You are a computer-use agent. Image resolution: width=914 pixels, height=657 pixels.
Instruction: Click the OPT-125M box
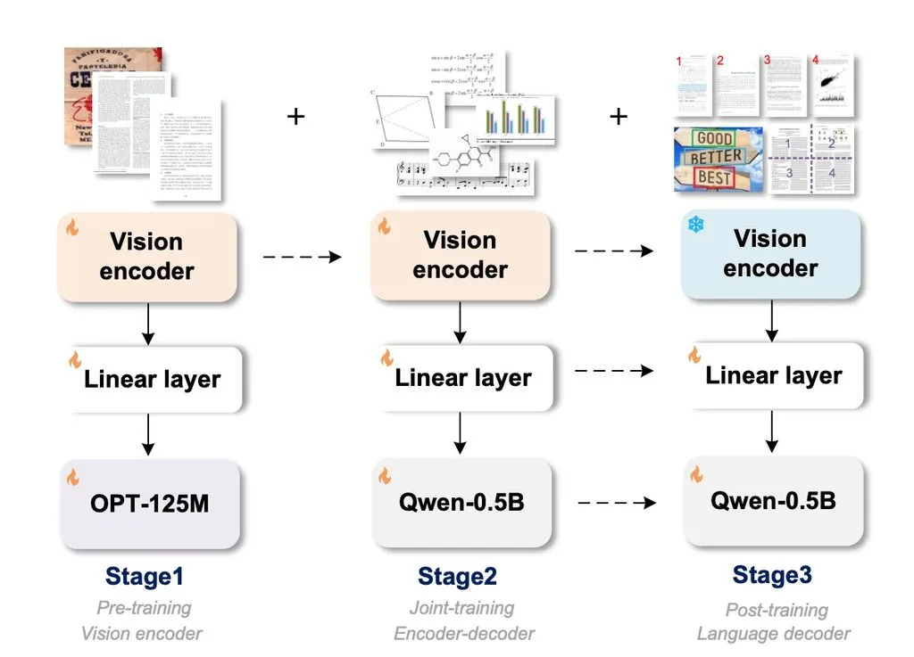click(150, 504)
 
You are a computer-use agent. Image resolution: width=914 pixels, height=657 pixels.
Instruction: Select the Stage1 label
click(144, 577)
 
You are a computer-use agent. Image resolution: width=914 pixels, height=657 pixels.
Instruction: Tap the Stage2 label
click(457, 577)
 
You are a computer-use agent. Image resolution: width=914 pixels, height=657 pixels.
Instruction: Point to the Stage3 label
click(772, 575)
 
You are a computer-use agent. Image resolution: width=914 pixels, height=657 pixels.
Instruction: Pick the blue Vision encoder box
click(770, 254)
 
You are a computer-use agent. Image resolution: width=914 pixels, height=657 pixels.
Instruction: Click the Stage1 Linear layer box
click(152, 380)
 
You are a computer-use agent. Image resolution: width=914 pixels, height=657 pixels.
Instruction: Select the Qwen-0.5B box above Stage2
click(461, 503)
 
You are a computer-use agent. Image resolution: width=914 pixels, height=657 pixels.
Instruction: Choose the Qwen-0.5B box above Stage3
click(773, 501)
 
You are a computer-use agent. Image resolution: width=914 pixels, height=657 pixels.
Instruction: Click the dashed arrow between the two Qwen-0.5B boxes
click(617, 504)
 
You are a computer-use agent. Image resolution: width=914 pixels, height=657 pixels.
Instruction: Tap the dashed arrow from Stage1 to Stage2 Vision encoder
click(303, 257)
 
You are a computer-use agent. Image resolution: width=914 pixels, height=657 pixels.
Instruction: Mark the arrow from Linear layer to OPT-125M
click(149, 435)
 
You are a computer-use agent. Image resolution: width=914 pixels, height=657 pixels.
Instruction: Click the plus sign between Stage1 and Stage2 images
click(296, 116)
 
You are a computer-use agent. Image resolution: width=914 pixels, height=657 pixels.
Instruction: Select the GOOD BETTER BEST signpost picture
click(718, 160)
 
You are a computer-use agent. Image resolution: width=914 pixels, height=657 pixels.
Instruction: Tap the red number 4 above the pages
click(814, 60)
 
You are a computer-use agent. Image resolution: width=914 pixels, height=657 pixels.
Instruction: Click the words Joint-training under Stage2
click(462, 608)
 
